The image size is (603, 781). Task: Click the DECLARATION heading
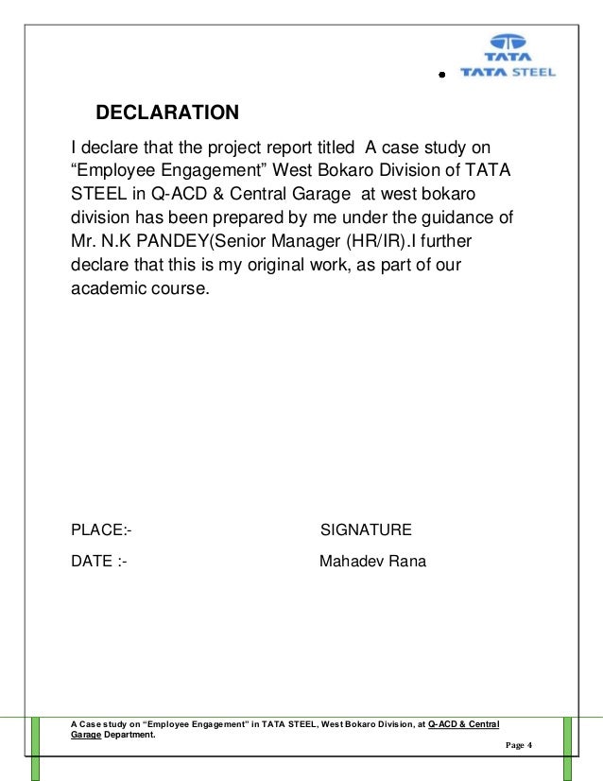pyautogui.click(x=167, y=114)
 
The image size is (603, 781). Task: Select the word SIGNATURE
pyautogui.click(x=366, y=529)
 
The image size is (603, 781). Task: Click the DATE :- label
pyautogui.click(x=99, y=562)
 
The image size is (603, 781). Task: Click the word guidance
pyautogui.click(x=454, y=217)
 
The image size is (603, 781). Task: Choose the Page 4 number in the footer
pyautogui.click(x=520, y=746)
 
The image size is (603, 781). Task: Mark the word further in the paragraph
pyautogui.click(x=456, y=242)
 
